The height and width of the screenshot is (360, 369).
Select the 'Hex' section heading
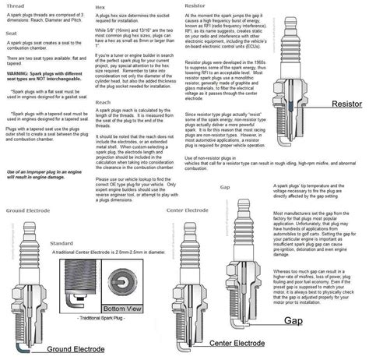pyautogui.click(x=99, y=5)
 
